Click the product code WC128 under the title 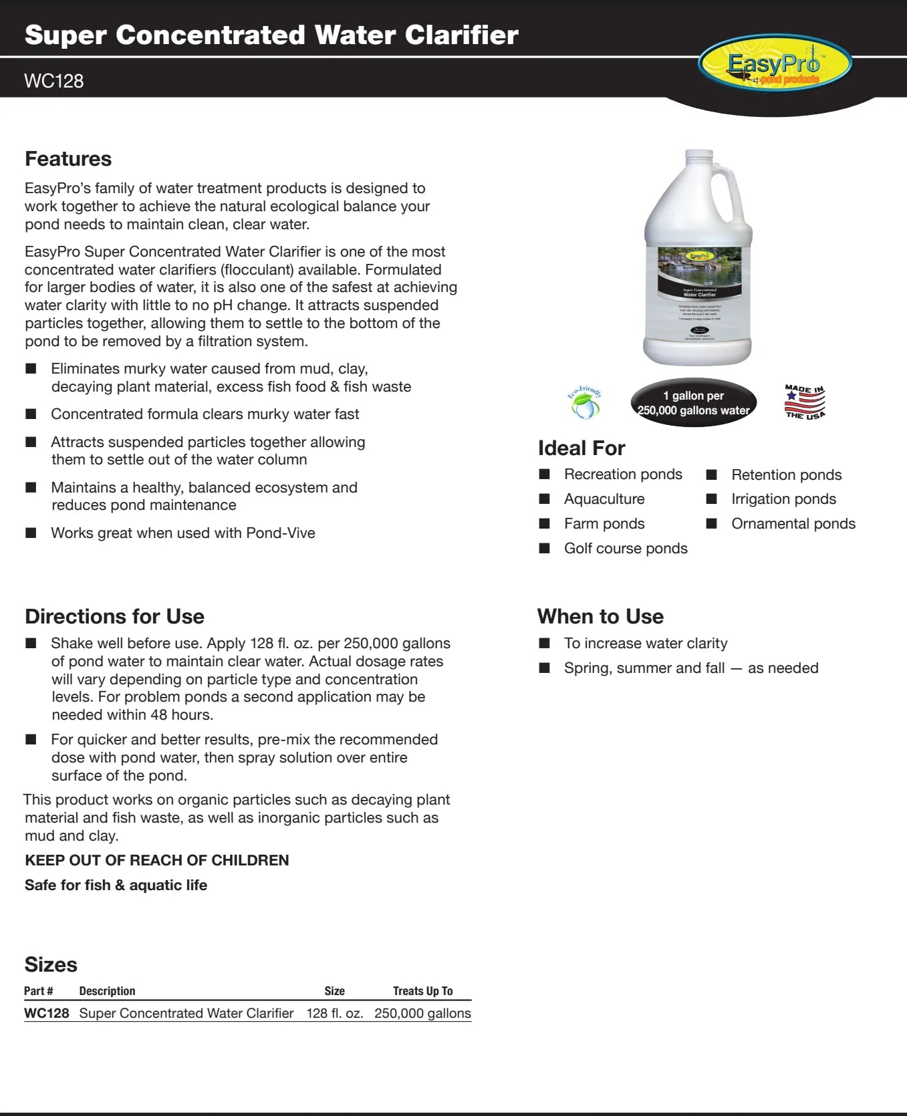pos(53,82)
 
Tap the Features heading pos(68,159)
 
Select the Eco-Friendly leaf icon pos(585,403)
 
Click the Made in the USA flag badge pos(805,402)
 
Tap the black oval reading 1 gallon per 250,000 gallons pos(694,403)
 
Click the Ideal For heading pos(581,448)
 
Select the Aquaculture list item pos(604,499)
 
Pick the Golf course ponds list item pos(626,549)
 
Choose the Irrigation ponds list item pos(783,499)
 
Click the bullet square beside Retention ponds pos(712,474)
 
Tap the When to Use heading pos(600,616)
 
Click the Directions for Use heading pos(114,616)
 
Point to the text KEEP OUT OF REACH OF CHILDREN pos(157,860)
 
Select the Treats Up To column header pos(422,991)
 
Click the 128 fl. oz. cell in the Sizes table pos(335,1013)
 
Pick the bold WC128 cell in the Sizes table pos(47,1013)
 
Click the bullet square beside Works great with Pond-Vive pos(31,533)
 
